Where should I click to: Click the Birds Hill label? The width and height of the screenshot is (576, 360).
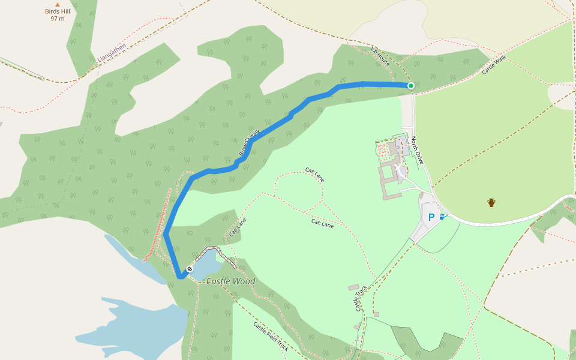pyautogui.click(x=58, y=11)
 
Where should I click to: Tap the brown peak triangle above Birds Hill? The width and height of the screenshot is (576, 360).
pyautogui.click(x=58, y=4)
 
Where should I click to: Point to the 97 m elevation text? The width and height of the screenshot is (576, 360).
pyautogui.click(x=58, y=19)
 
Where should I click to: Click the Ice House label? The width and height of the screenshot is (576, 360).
pyautogui.click(x=380, y=56)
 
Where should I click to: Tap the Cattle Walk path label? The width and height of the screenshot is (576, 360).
pyautogui.click(x=494, y=65)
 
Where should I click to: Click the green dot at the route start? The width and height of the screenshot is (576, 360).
pyautogui.click(x=411, y=86)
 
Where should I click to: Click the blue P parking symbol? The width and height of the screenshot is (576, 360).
pyautogui.click(x=431, y=217)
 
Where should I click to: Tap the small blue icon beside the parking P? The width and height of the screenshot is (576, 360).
pyautogui.click(x=442, y=217)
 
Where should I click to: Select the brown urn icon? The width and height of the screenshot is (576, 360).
pyautogui.click(x=491, y=202)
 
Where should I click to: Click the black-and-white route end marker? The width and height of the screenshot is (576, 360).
pyautogui.click(x=190, y=269)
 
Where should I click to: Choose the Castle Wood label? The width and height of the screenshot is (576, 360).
pyautogui.click(x=230, y=281)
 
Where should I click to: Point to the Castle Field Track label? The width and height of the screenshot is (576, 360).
pyautogui.click(x=271, y=337)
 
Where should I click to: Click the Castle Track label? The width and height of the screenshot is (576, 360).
pyautogui.click(x=360, y=298)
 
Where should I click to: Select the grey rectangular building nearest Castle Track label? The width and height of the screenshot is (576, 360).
pyautogui.click(x=353, y=287)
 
